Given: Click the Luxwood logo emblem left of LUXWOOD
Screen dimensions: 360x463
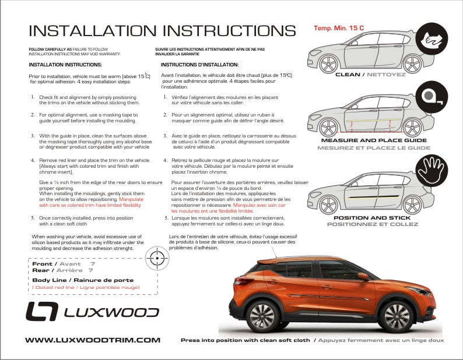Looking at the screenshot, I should point(41,312).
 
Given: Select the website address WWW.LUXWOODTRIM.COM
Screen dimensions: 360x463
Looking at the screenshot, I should point(93,340).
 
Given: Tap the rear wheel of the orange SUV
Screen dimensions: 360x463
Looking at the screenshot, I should point(261,315).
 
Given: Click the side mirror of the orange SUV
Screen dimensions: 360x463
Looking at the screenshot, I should point(363,276).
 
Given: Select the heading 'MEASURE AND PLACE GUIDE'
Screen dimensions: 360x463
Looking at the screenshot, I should point(374,140).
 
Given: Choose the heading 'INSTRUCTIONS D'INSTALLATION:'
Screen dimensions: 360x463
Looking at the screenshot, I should point(199,65).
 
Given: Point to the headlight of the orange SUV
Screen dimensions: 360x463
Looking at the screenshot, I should point(418,290).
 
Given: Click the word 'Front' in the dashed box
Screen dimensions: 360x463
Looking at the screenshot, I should point(44,264).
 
